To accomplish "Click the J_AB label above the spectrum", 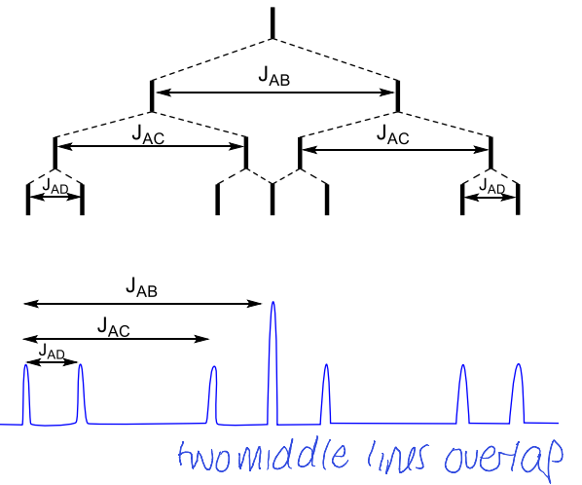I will pos(142,286).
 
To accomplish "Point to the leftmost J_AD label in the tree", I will pos(55,183).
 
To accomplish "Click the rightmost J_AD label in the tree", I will pos(491,185).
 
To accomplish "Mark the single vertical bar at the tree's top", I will pos(273,22).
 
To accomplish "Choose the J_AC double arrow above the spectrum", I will pos(117,339).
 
